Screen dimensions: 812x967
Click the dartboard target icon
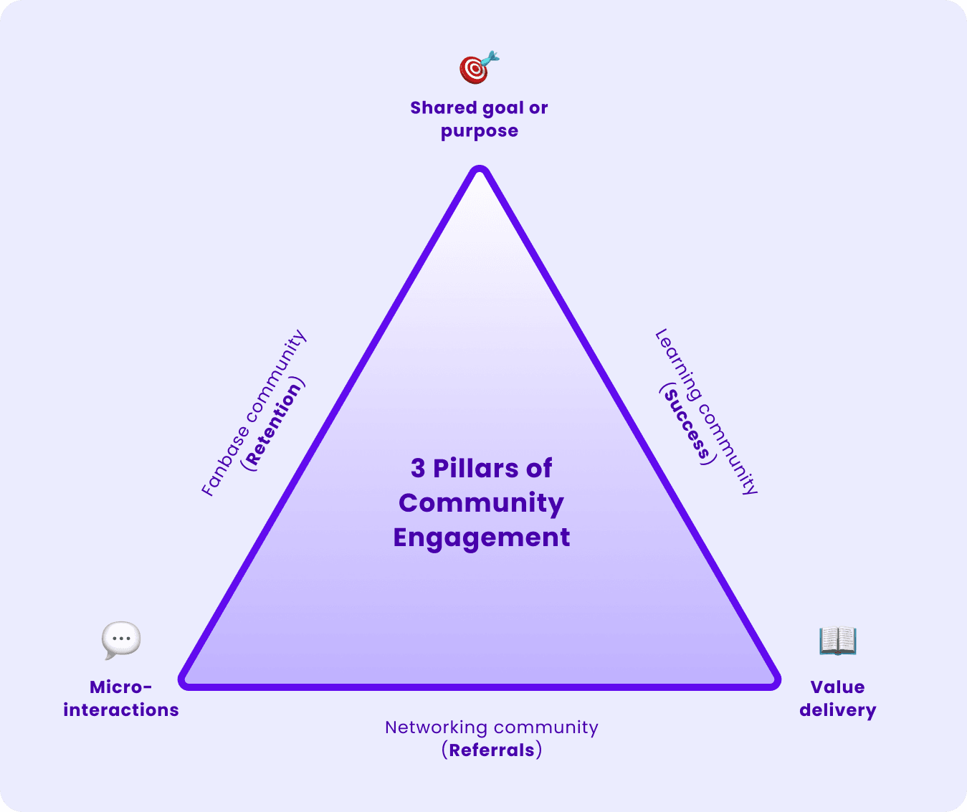point(477,69)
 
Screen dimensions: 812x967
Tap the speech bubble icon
point(121,639)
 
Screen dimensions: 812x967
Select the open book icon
point(837,640)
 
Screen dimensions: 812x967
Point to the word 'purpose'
point(479,132)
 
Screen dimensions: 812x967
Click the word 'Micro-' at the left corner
point(120,687)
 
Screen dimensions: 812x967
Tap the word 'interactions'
point(120,710)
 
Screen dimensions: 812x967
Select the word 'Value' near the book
point(837,687)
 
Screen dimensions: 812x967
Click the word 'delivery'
point(837,711)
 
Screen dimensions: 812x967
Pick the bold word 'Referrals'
point(492,750)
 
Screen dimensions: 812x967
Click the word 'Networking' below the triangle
point(436,727)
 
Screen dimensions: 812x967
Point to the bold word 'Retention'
point(273,424)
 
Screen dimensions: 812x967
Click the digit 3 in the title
point(418,469)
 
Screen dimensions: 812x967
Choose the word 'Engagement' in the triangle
point(481,538)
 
